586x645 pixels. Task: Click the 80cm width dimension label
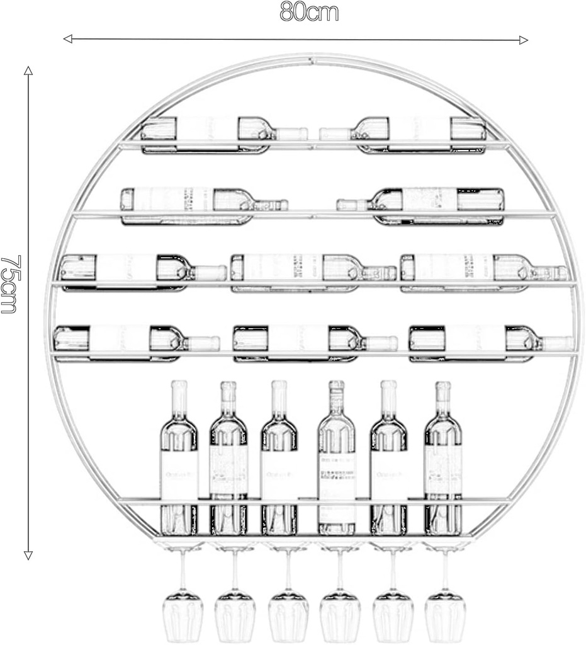(x=309, y=12)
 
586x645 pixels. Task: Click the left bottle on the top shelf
(x=223, y=133)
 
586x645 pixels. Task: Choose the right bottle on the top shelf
(x=403, y=133)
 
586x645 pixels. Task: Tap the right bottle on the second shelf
(x=422, y=202)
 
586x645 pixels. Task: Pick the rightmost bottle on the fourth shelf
(x=491, y=340)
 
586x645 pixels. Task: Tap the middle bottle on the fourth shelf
(x=315, y=340)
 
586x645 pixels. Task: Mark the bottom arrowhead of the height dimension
(x=28, y=555)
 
